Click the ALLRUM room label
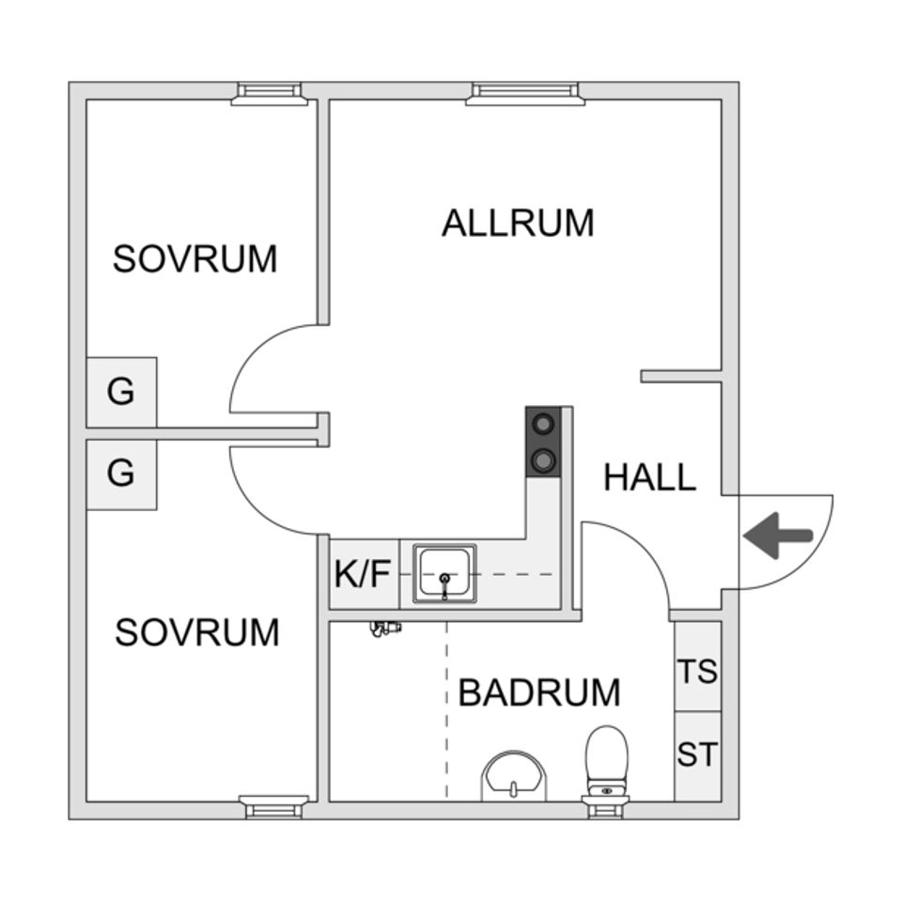(518, 224)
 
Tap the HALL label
(649, 477)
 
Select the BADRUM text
(539, 692)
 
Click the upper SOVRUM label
(194, 258)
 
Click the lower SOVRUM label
(197, 633)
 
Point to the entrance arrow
(778, 537)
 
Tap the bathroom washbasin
(513, 776)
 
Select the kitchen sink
(446, 574)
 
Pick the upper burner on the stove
(543, 424)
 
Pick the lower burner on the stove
(543, 459)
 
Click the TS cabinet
(698, 671)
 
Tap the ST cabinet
(698, 754)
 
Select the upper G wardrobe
(121, 392)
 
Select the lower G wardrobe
(121, 474)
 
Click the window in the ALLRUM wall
(525, 92)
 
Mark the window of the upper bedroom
(270, 92)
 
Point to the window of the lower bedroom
(273, 806)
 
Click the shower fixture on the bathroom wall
(384, 629)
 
